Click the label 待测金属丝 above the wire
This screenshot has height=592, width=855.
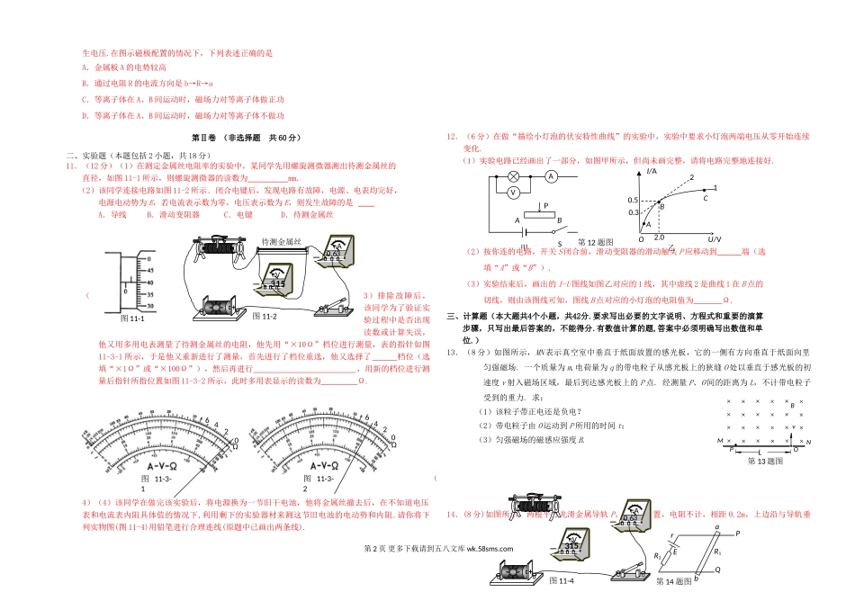(x=281, y=242)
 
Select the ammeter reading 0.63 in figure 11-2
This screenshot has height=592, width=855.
(x=332, y=253)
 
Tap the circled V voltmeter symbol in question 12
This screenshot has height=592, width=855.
(x=511, y=193)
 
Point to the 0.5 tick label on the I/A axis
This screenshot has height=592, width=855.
(x=634, y=200)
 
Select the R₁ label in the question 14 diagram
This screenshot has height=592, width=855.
(x=717, y=550)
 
